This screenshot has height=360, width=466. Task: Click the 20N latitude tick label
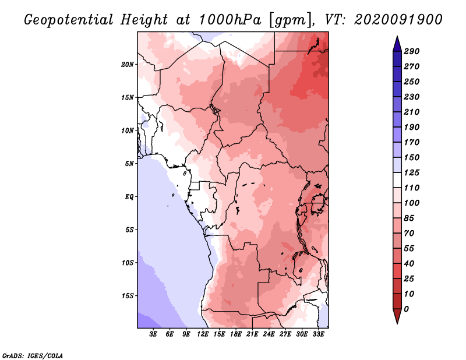[x=127, y=65]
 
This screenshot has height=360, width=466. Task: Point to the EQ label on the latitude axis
[x=129, y=197]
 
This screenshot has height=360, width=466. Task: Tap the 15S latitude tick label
[x=127, y=296]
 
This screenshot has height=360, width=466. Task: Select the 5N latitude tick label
[x=129, y=164]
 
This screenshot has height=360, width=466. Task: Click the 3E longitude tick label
[x=153, y=334]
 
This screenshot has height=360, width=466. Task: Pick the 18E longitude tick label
[x=235, y=334]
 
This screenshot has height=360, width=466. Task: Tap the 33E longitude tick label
[x=318, y=334]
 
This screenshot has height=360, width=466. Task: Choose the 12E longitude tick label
[x=202, y=334]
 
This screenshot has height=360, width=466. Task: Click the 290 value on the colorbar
[x=411, y=51]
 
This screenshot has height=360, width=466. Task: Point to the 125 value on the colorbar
[x=411, y=172]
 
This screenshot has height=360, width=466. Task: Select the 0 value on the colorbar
[x=406, y=309]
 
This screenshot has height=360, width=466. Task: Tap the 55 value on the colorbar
[x=409, y=249]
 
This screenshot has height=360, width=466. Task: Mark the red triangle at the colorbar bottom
[x=397, y=315]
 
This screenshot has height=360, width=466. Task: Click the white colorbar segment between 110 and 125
[x=397, y=180]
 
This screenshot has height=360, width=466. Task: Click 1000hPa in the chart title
[x=230, y=20]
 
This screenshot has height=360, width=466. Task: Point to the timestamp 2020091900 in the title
[x=398, y=20]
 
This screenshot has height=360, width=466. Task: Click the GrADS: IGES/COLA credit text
[x=33, y=356]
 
